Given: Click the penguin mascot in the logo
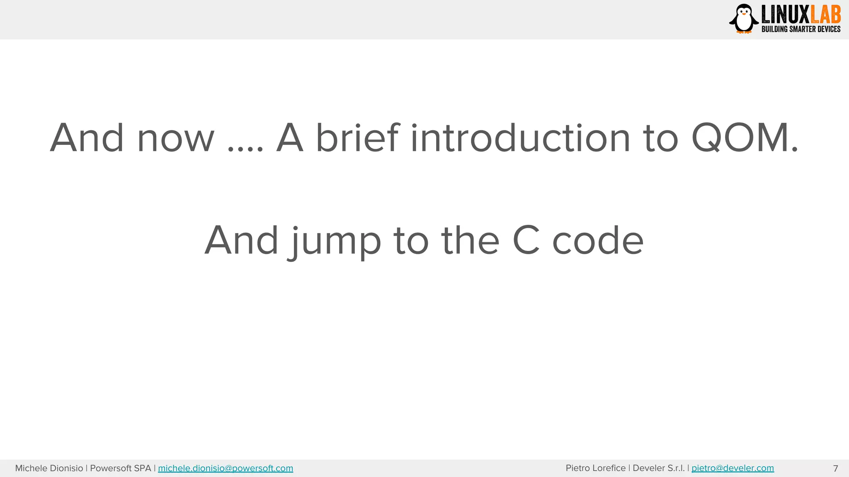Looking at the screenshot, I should point(744,19).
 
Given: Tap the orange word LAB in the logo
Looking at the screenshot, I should point(825,15).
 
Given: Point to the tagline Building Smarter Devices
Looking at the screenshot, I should point(801,29).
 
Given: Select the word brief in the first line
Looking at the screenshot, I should point(357,138).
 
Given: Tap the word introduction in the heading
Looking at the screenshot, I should point(520,138).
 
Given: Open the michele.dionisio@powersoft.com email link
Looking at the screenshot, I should point(226,468).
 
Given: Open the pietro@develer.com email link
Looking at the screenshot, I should point(733,468).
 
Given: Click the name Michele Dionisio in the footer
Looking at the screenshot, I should point(49,468).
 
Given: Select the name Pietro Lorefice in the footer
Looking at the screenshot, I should point(595,468).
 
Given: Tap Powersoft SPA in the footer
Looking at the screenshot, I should point(120,468).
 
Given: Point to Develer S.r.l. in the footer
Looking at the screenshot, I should point(658,468).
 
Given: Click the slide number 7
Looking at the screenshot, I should point(835,468).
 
